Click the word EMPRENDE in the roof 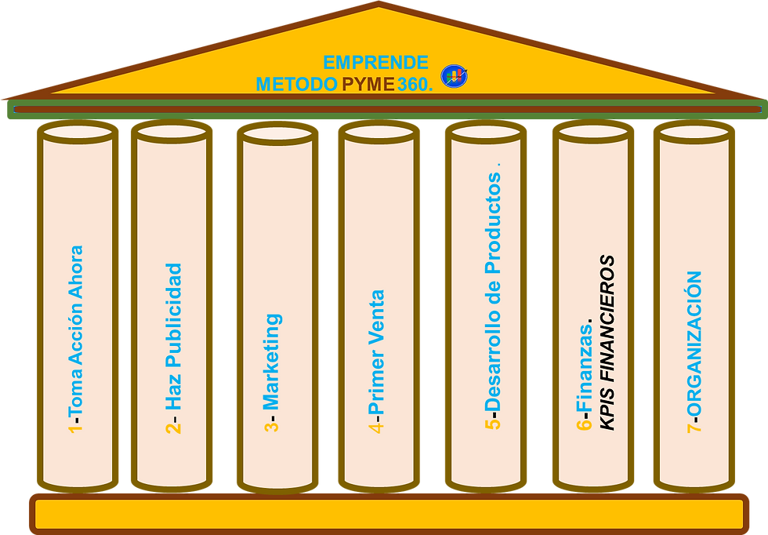coord(375,63)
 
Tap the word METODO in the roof coord(296,84)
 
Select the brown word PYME coord(368,84)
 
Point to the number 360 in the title coord(413,84)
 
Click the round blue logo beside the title coord(455,76)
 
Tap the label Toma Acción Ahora coord(76,329)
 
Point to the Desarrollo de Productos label coord(492,290)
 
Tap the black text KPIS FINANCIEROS coord(607,342)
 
